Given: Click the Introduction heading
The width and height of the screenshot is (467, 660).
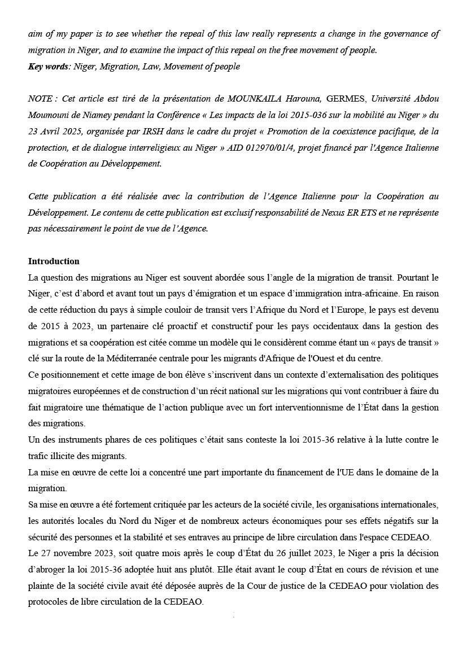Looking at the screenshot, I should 54,261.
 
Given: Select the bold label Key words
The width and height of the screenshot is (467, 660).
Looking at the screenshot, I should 48,67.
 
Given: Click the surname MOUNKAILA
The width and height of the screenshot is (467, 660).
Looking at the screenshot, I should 254,99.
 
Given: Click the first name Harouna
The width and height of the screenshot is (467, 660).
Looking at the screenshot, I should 302,99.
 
